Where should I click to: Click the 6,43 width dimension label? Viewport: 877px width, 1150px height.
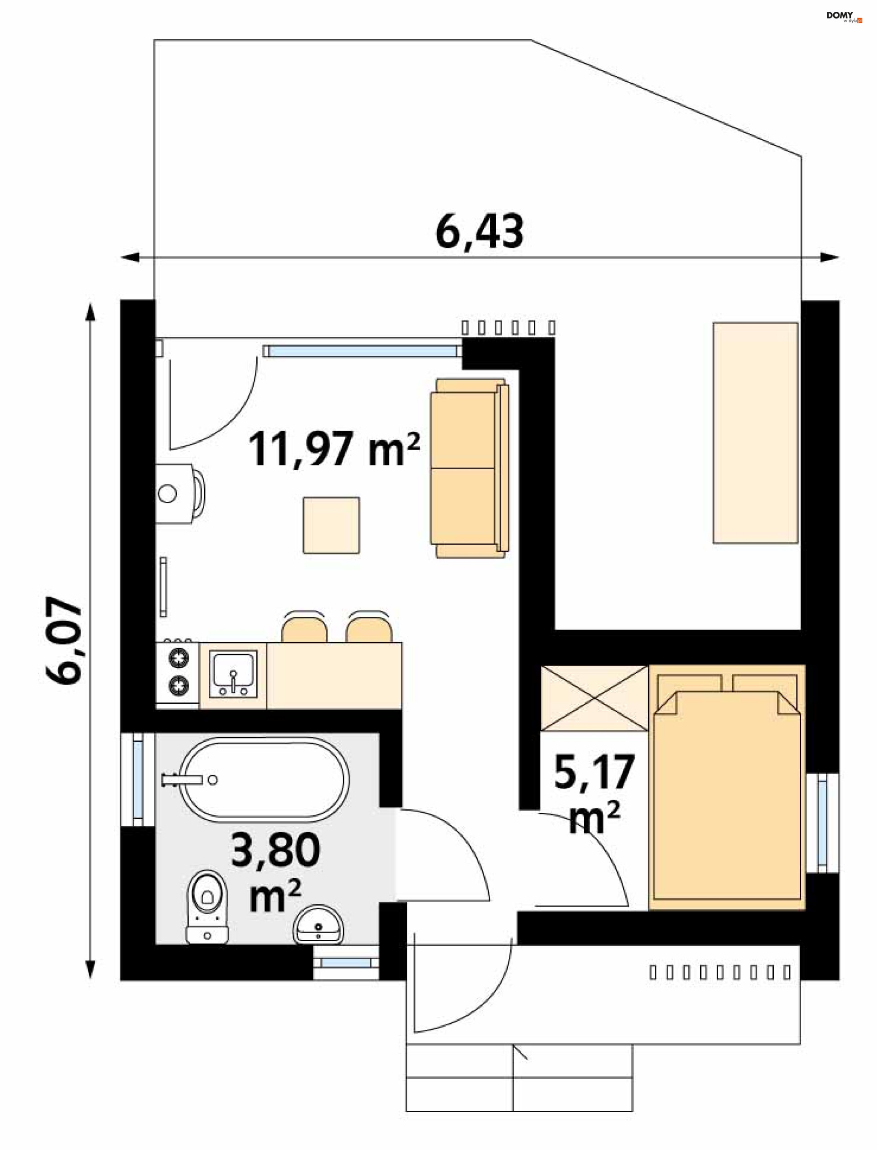[479, 232]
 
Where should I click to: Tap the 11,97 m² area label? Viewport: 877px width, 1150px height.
[334, 449]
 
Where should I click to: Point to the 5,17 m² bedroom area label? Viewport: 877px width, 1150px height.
[594, 793]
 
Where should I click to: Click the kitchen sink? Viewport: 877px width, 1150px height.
[233, 674]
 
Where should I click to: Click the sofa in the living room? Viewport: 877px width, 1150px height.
[469, 468]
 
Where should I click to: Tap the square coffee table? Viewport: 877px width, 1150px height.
[332, 525]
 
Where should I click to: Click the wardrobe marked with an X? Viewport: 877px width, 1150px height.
[595, 698]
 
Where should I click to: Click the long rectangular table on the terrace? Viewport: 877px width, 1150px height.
[755, 433]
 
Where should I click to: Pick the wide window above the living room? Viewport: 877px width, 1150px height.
[362, 351]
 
